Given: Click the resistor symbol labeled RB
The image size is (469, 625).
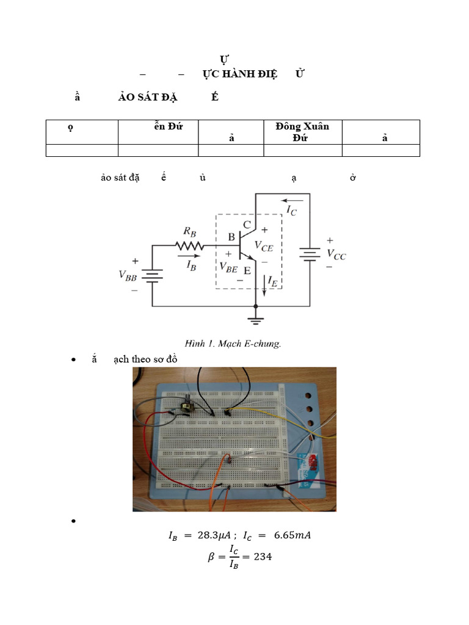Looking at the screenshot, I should tap(189, 245).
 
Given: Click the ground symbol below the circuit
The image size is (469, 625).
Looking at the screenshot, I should tap(255, 320).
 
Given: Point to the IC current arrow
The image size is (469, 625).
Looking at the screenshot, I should tap(292, 200).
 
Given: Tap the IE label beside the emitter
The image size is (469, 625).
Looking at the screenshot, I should tap(273, 282).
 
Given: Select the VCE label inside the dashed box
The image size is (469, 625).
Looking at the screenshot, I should tap(264, 247).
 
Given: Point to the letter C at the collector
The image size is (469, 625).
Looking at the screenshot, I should tap(247, 225).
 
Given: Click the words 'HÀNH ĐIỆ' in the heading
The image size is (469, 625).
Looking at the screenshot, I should tap(248, 74).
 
